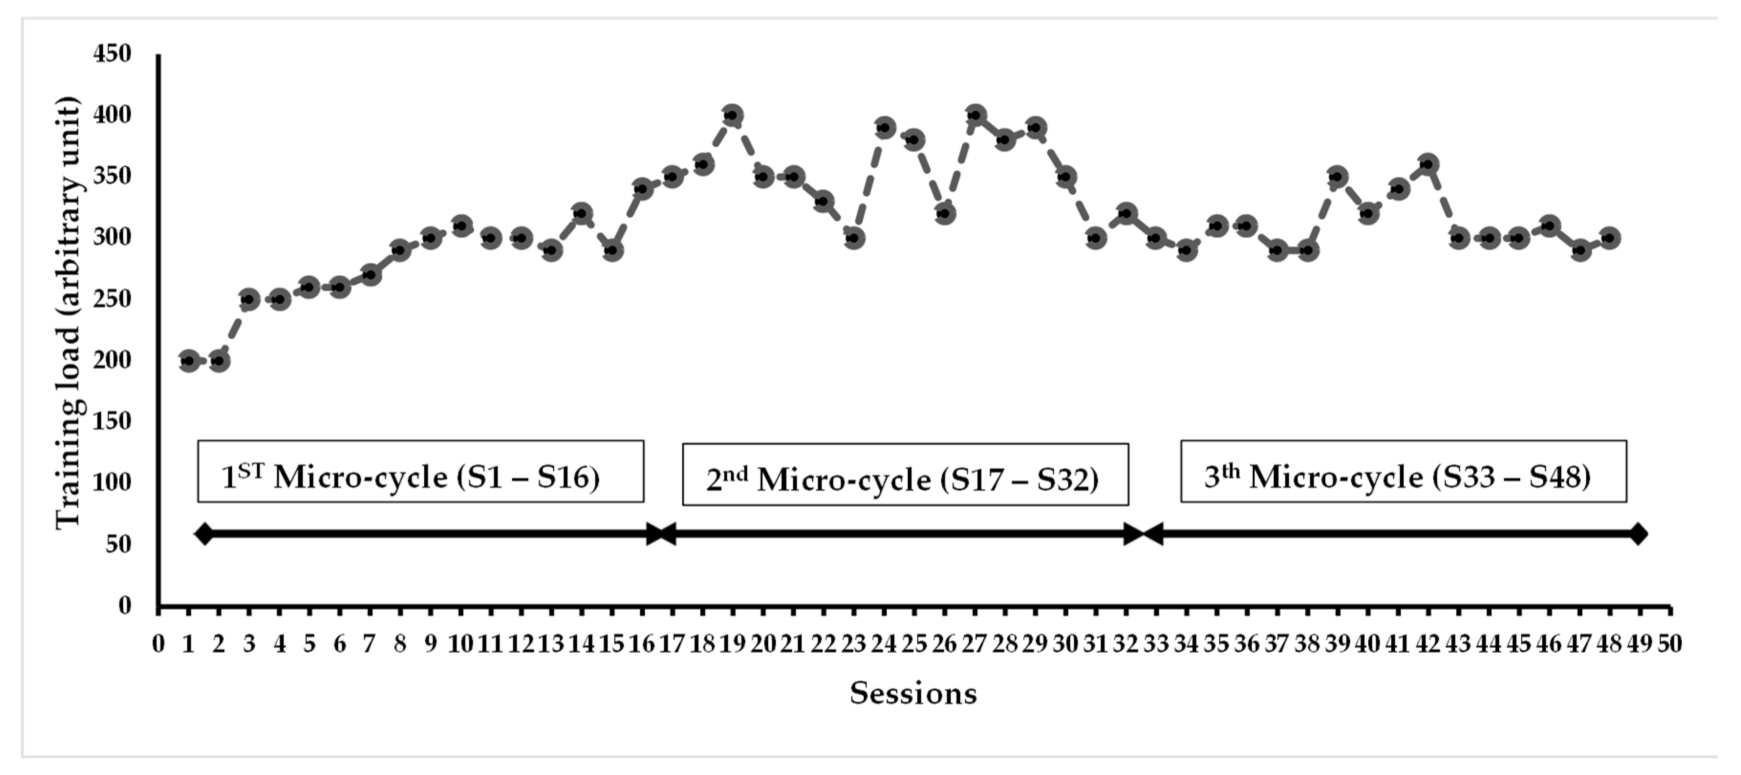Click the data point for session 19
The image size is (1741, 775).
click(732, 116)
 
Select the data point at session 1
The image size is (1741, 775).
click(189, 361)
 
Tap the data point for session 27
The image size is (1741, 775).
click(975, 116)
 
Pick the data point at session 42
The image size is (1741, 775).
click(1428, 164)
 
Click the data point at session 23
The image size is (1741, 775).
click(854, 238)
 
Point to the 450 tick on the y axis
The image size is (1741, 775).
click(112, 54)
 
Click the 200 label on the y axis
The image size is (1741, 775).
click(112, 360)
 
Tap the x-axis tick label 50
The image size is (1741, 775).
click(1669, 644)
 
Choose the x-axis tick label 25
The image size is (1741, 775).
click(914, 644)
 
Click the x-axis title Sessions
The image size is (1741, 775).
click(913, 693)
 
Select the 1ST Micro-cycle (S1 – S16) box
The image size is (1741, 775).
click(420, 472)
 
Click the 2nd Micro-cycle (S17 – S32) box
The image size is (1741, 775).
click(905, 474)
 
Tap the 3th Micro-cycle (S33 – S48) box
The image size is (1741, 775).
click(1403, 472)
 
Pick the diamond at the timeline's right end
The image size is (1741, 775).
click(1638, 534)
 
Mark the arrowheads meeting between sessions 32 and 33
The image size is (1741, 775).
click(1143, 534)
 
